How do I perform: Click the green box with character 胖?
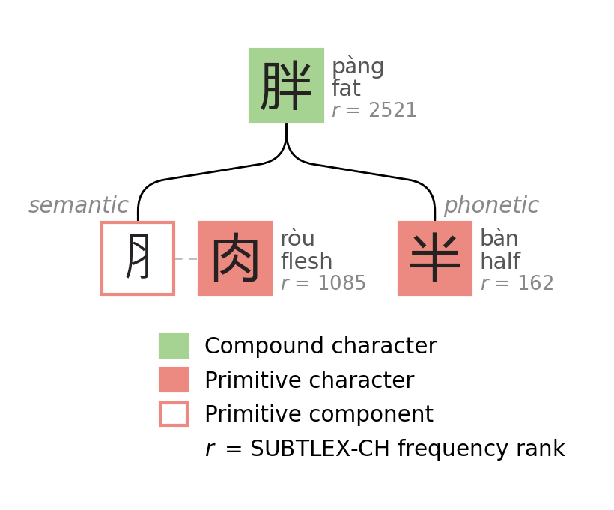pos(286,85)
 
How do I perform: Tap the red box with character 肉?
pos(235,258)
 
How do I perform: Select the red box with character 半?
pos(435,258)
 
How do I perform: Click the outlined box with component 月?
pos(138,258)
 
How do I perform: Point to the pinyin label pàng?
pos(358,67)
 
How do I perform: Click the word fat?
pos(346,89)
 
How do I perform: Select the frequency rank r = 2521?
pos(374,111)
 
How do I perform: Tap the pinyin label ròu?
pos(297,240)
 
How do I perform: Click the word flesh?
pos(306,262)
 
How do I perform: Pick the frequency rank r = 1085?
pos(323,284)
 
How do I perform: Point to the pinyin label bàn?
pos(499,240)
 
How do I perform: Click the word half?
pos(500,262)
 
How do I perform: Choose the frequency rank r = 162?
pos(517,284)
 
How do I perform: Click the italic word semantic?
pos(79,206)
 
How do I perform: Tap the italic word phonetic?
pos(491,206)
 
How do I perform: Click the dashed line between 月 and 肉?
pos(186,258)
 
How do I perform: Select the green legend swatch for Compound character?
pos(174,346)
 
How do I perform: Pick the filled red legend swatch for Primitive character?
pos(174,380)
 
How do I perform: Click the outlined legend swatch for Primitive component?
pos(174,414)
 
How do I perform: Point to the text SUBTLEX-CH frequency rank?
pos(407,449)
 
